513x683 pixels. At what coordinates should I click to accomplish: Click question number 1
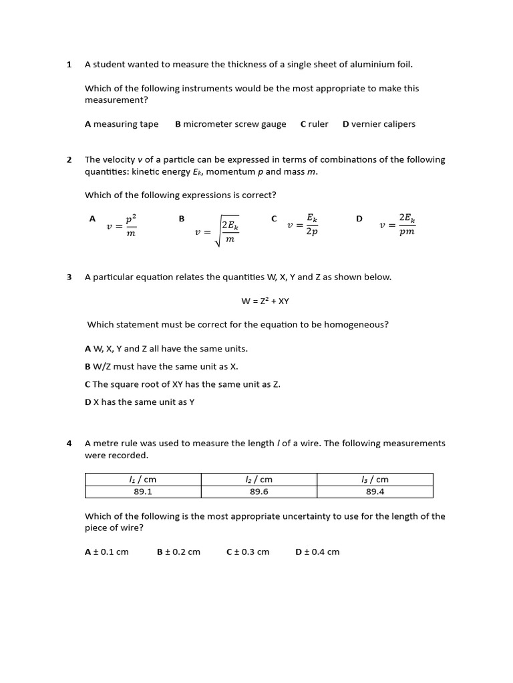69,65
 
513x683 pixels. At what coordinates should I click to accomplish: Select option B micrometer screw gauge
230,124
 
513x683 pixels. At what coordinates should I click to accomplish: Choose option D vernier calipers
379,124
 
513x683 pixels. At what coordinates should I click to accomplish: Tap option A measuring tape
122,124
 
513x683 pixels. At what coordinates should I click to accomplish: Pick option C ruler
314,124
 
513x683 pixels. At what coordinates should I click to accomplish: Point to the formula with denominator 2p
303,225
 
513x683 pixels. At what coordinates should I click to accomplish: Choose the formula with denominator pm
398,225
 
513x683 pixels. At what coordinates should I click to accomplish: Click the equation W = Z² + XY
265,301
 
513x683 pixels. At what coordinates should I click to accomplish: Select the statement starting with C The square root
182,384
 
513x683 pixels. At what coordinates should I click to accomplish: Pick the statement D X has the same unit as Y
140,402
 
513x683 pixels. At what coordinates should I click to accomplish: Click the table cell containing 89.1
143,492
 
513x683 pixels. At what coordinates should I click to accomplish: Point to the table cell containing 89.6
259,492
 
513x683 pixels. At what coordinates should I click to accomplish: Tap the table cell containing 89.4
375,492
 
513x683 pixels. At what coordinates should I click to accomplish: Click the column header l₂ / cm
259,480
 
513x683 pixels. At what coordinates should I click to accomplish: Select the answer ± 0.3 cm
248,552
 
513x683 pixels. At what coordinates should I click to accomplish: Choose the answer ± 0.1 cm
107,552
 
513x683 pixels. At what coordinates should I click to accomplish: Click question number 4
69,444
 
